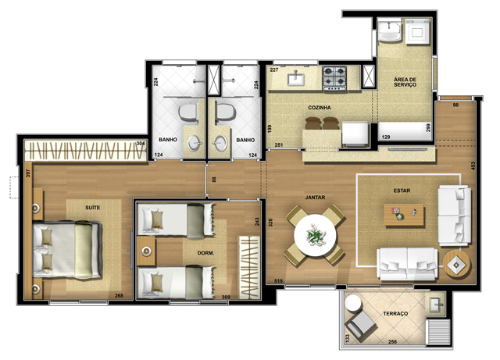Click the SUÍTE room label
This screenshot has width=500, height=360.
click(92, 208)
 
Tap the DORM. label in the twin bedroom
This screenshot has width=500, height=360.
click(205, 253)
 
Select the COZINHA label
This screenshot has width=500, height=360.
click(320, 108)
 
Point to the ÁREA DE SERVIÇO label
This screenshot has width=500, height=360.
click(405, 82)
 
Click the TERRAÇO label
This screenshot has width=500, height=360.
click(395, 314)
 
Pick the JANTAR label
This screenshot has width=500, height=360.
click(315, 198)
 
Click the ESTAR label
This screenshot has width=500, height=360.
click(402, 191)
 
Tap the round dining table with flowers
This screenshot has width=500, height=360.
click(315, 236)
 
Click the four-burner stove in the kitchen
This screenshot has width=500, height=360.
click(334, 78)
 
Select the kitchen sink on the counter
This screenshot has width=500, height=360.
click(296, 79)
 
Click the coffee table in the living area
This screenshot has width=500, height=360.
click(404, 216)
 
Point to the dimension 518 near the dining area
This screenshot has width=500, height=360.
click(278, 281)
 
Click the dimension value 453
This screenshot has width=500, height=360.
click(473, 166)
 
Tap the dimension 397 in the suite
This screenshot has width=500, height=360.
click(28, 173)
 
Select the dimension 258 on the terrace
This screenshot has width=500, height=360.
click(392, 341)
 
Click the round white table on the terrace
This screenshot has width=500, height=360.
click(353, 303)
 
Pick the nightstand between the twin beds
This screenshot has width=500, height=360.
click(146, 251)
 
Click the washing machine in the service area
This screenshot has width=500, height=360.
click(418, 31)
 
